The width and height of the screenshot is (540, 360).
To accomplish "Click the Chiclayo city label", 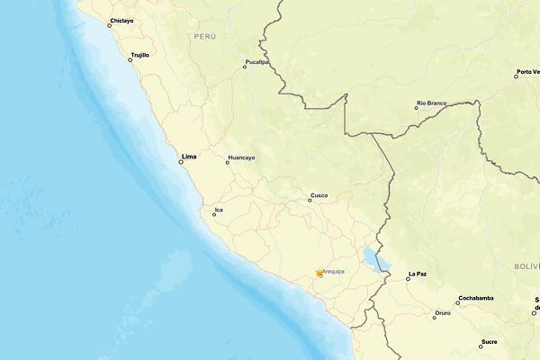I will pyautogui.click(x=121, y=20).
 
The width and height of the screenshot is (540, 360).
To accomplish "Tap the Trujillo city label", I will pyautogui.click(x=139, y=55).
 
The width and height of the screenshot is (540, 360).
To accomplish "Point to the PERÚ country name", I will pyautogui.click(x=204, y=36).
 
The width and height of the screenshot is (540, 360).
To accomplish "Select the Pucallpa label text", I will pyautogui.click(x=256, y=61).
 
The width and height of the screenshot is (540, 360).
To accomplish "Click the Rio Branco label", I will pyautogui.click(x=431, y=103).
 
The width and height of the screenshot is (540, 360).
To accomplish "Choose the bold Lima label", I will pyautogui.click(x=189, y=157).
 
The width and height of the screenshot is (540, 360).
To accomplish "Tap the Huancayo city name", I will pyautogui.click(x=241, y=157).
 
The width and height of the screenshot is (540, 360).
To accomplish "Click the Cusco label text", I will pyautogui.click(x=319, y=194).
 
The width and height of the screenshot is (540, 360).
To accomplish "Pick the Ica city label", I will pyautogui.click(x=218, y=210).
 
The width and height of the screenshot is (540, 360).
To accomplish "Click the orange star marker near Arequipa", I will pyautogui.click(x=319, y=273).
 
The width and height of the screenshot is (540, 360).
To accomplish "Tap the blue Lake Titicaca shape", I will pyautogui.click(x=373, y=260).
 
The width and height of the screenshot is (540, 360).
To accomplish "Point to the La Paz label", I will pyautogui.click(x=417, y=273).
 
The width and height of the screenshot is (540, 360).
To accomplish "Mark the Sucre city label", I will pyautogui.click(x=489, y=341).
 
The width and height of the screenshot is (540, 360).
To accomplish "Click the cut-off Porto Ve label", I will pyautogui.click(x=528, y=72).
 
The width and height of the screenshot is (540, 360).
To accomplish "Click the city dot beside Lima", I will pyautogui.click(x=180, y=162).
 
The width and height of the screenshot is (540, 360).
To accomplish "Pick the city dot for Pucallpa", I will pyautogui.click(x=244, y=67).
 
